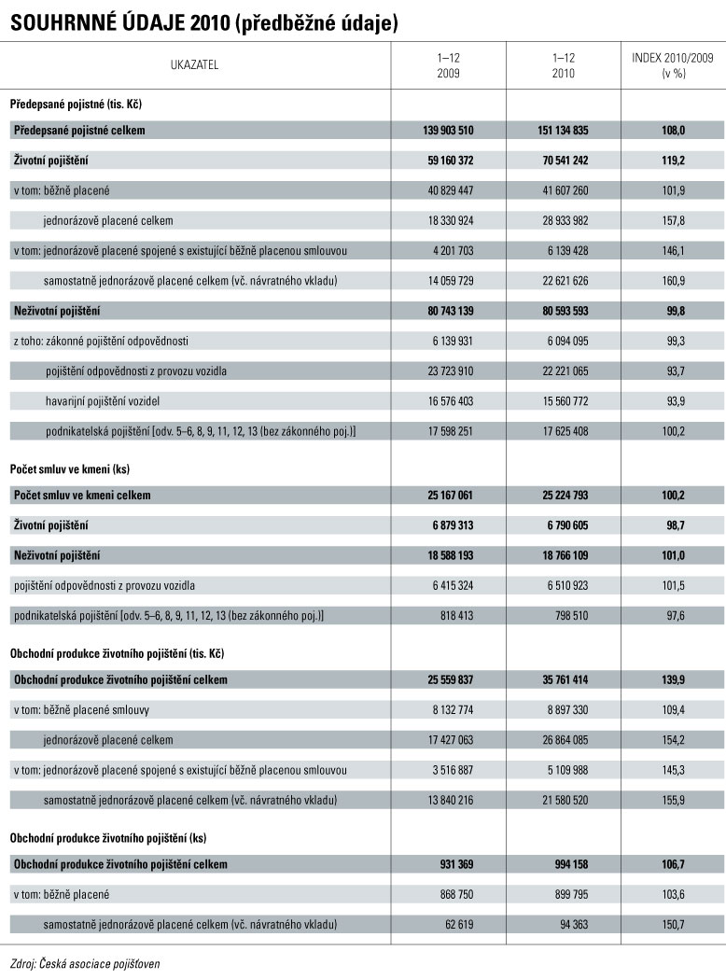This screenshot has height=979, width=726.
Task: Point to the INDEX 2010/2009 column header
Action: pyautogui.click(x=673, y=65)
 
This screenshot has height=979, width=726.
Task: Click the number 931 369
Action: pyautogui.click(x=452, y=864)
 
